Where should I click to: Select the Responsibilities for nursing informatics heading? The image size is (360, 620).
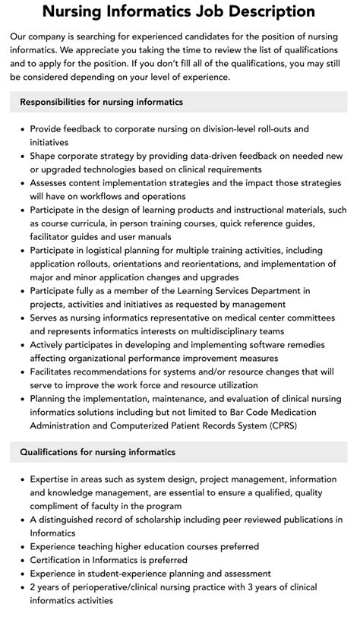pyautogui.click(x=101, y=102)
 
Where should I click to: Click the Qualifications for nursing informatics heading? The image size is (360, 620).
pyautogui.click(x=97, y=452)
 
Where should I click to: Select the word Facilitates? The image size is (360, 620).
pyautogui.click(x=57, y=371)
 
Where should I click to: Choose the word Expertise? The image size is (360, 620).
pyautogui.click(x=52, y=479)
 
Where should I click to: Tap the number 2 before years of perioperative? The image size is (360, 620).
pyautogui.click(x=33, y=587)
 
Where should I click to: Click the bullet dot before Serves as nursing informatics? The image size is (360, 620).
pyautogui.click(x=22, y=318)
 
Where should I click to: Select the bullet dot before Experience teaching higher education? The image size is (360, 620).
pyautogui.click(x=22, y=546)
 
